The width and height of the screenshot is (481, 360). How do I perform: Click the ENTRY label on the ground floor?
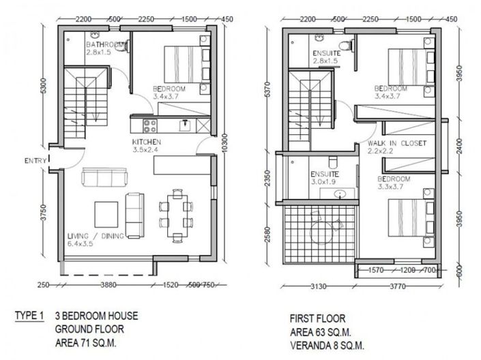click(x=34, y=161)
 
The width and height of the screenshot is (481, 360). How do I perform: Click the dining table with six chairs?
click(x=175, y=213)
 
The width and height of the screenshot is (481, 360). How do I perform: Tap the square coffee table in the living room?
click(x=106, y=211)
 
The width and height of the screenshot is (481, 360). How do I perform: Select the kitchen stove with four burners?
click(x=149, y=124)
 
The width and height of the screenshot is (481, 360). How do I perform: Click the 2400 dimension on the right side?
click(x=459, y=147)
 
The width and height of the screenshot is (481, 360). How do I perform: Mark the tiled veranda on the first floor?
click(x=318, y=236)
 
